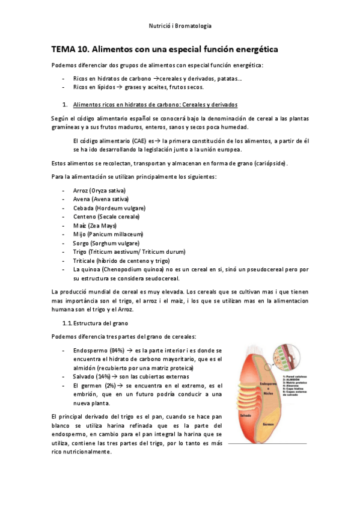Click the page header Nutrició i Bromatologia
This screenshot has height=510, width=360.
[x=180, y=26]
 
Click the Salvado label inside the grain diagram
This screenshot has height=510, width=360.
[x=244, y=416]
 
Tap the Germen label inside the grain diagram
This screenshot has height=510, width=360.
[x=269, y=423]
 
